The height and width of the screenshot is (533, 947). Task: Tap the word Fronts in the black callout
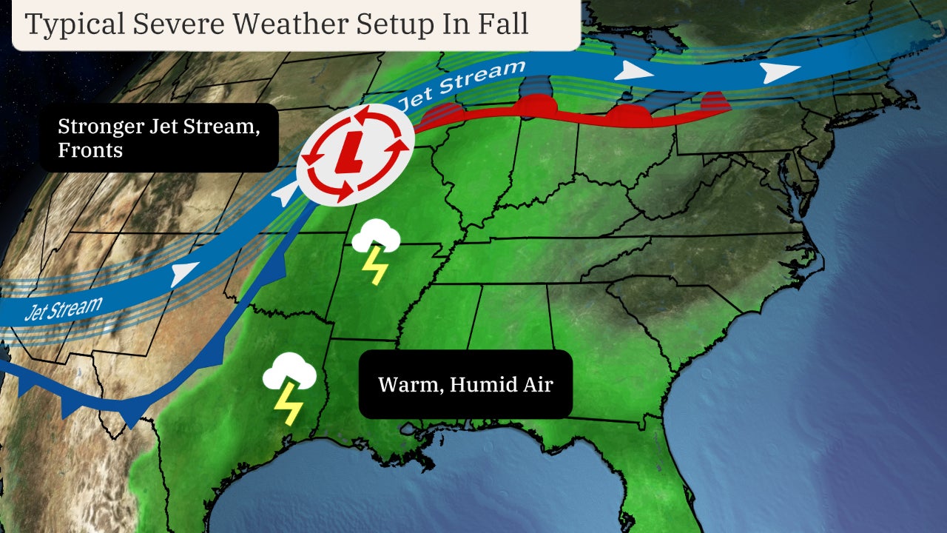coord(90,150)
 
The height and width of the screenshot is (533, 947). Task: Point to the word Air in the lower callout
coord(538,385)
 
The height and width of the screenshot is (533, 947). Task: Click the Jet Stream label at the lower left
coord(62,306)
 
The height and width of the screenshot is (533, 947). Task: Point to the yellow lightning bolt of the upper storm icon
coord(374,266)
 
